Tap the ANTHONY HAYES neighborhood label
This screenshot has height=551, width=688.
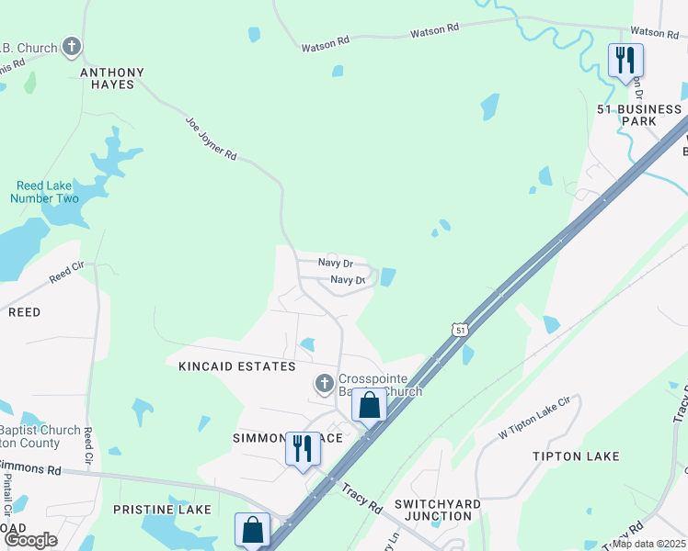click(x=113, y=78)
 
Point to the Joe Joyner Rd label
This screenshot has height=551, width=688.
click(x=212, y=138)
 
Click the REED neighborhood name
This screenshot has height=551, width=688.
click(x=24, y=312)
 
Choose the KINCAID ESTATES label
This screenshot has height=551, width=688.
click(x=237, y=366)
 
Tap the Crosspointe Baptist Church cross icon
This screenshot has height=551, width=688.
click(x=324, y=382)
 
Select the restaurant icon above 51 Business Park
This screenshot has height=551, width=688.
click(x=625, y=61)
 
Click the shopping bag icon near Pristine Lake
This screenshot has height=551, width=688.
click(x=252, y=529)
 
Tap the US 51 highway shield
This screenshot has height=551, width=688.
click(x=460, y=329)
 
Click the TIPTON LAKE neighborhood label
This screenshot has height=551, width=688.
click(x=576, y=456)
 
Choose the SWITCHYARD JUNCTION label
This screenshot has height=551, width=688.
click(x=433, y=510)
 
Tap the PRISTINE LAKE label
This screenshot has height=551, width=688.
click(x=162, y=509)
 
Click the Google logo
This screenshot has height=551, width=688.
click(x=31, y=539)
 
